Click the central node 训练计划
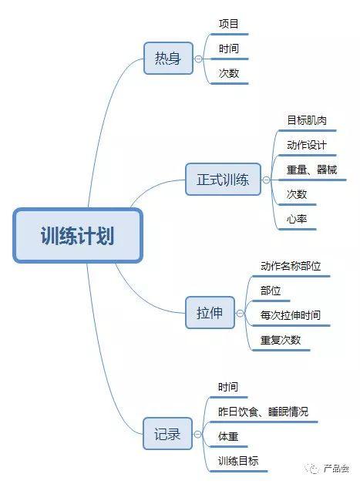[78, 236]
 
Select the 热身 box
[168, 58]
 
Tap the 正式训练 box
[223, 180]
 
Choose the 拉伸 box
[210, 313]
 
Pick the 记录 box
[167, 434]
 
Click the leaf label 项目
[228, 24]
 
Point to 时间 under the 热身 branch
[228, 49]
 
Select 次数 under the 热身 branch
[228, 73]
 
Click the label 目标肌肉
[307, 120]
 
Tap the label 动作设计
[307, 145]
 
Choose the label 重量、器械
[311, 170]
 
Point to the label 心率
[296, 219]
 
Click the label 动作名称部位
[291, 266]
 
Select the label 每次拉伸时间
[291, 315]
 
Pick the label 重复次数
[281, 340]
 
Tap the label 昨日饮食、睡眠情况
[263, 412]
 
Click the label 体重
[228, 436]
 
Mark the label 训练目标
[238, 461]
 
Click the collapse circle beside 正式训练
[266, 180]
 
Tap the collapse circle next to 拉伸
[240, 314]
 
